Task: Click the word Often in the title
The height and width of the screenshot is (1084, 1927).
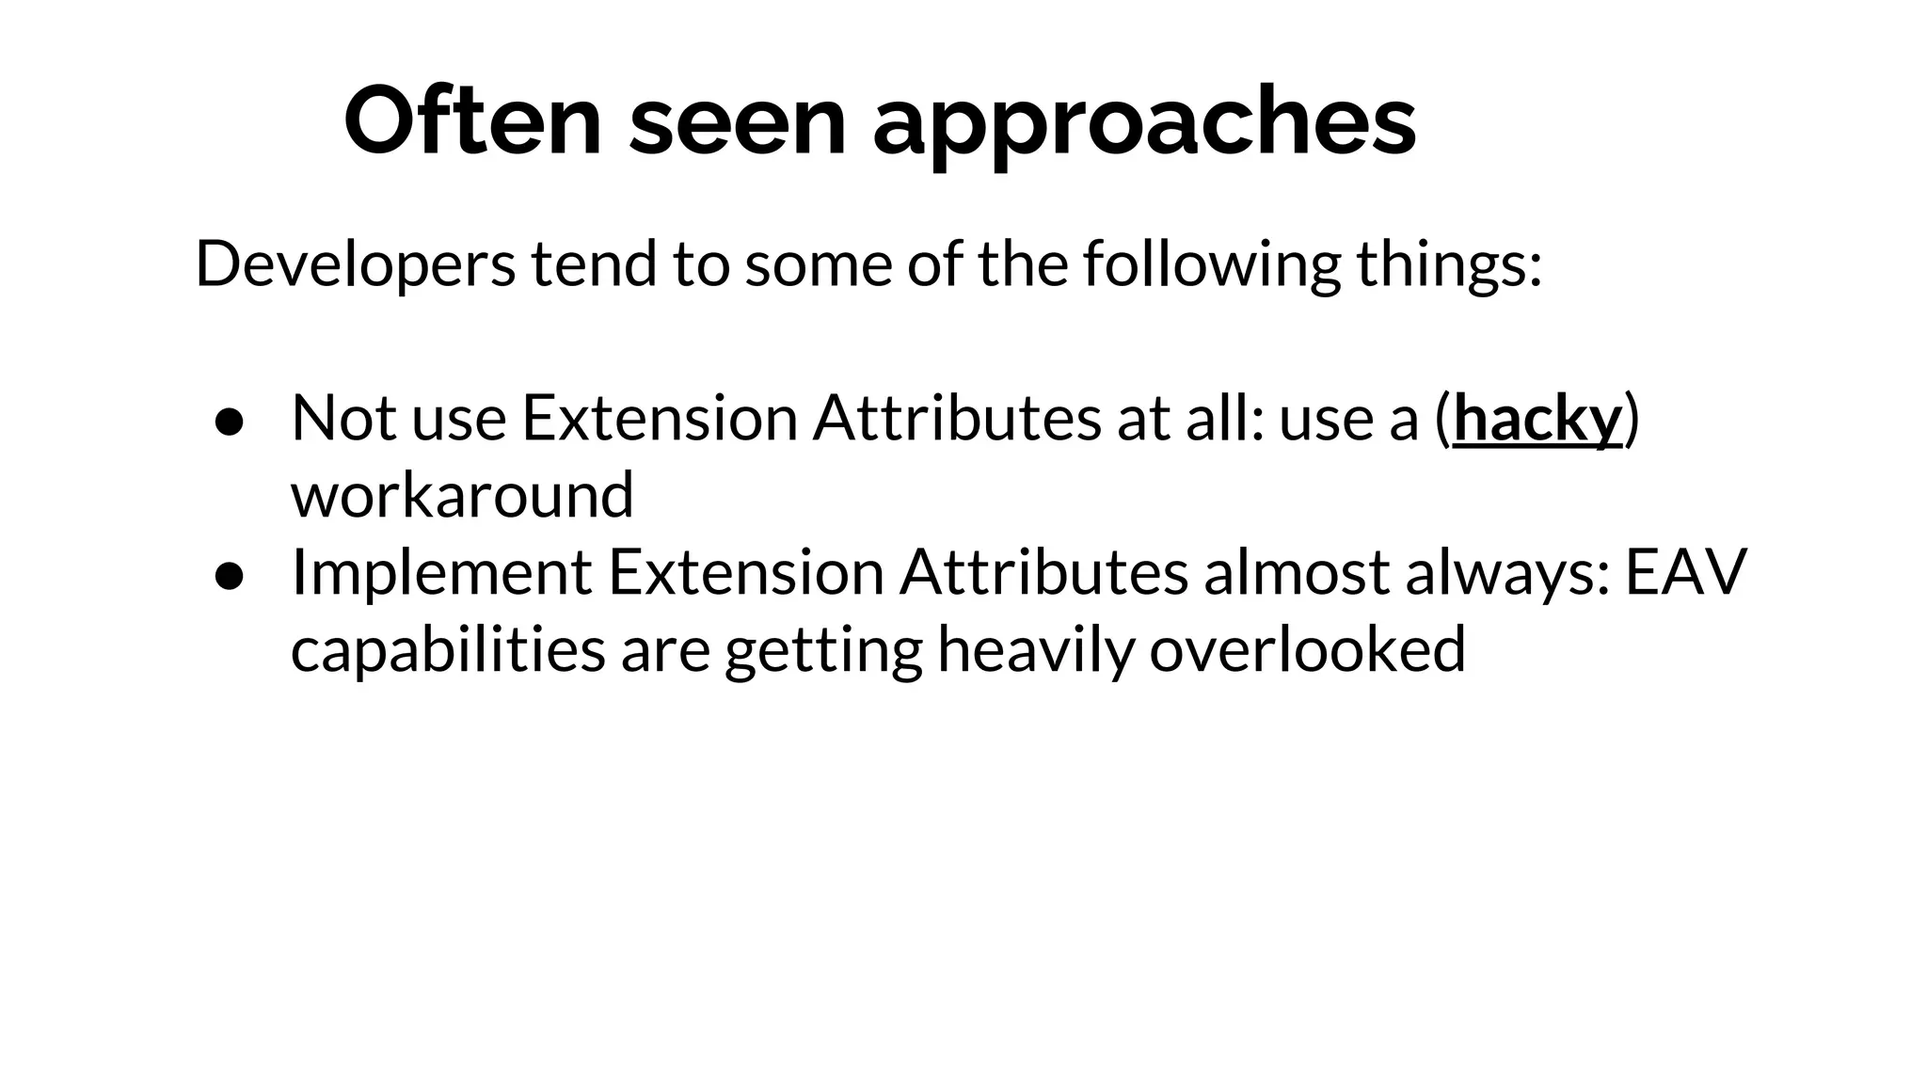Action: [x=472, y=122]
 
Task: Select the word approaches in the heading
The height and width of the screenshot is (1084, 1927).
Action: [x=1143, y=126]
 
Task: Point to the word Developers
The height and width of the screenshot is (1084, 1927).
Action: [x=355, y=264]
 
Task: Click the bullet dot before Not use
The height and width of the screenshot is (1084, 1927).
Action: [x=230, y=422]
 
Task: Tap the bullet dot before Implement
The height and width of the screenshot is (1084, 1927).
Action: [x=230, y=577]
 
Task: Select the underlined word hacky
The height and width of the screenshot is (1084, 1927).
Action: [x=1537, y=419]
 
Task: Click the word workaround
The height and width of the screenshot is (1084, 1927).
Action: [x=462, y=495]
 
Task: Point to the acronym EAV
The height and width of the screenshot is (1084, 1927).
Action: [x=1685, y=572]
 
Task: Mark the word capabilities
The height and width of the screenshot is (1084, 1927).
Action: [x=448, y=649]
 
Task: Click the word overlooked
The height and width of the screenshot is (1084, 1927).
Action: [x=1307, y=648]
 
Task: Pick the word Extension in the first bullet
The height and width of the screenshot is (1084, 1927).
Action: [x=660, y=418]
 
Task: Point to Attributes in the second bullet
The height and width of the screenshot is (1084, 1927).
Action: [x=1043, y=572]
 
